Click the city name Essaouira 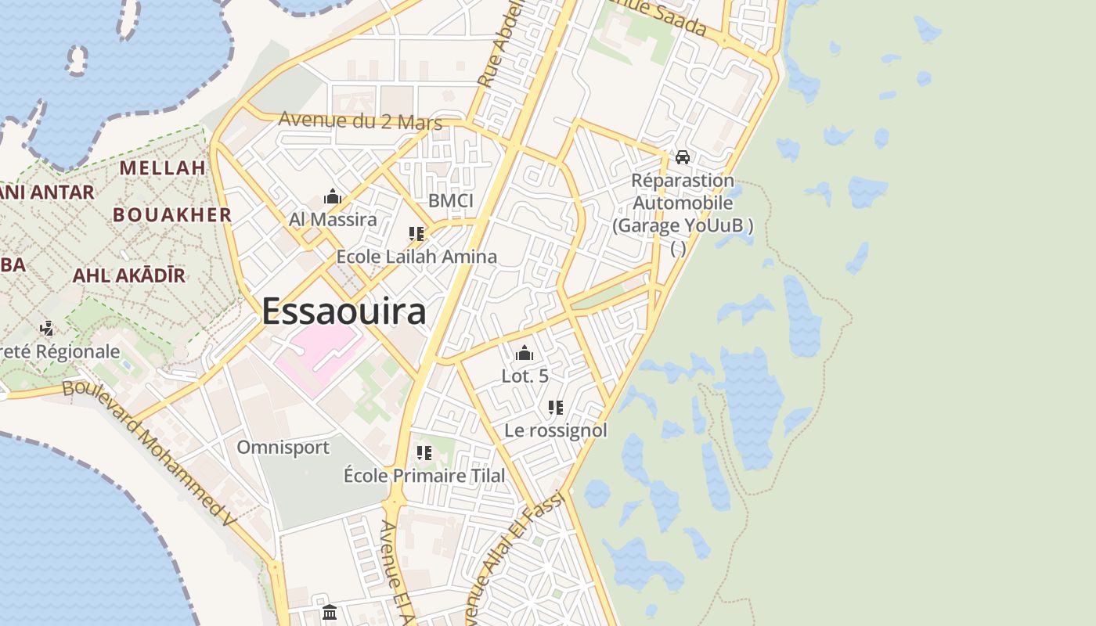[344, 311]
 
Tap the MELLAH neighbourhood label [163, 167]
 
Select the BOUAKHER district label [172, 214]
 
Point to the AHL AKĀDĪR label [129, 275]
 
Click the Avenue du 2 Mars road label [360, 121]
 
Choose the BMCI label [451, 201]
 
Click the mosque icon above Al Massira [333, 196]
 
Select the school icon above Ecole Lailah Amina [416, 234]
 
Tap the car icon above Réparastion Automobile [683, 157]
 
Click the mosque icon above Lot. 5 [525, 353]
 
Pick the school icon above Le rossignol [556, 408]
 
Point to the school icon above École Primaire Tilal [424, 453]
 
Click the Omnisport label [283, 448]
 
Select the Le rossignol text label [556, 430]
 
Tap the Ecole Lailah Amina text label [416, 257]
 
